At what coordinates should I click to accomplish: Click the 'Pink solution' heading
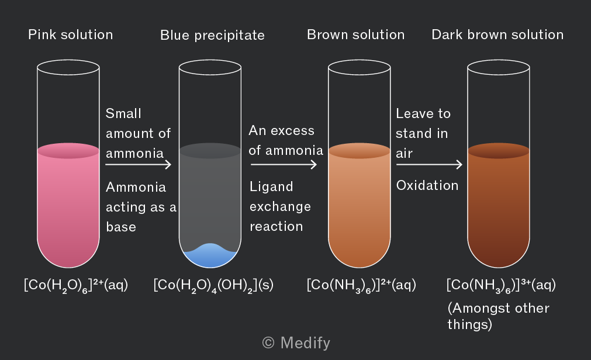click(71, 34)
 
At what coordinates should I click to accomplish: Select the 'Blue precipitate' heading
click(213, 36)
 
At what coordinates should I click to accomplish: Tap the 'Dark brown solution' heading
click(497, 34)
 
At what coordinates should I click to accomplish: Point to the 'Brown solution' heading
click(356, 34)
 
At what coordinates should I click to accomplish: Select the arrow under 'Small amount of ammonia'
click(139, 164)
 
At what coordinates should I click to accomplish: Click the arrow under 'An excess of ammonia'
click(284, 164)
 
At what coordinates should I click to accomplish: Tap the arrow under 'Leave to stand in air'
click(429, 164)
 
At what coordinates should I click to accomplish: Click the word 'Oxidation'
click(427, 185)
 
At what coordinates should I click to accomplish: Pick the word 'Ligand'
click(271, 187)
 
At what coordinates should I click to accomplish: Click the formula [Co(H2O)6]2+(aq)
click(76, 286)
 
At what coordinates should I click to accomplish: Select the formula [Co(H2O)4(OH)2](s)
click(213, 286)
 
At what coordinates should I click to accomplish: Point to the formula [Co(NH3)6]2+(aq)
click(361, 286)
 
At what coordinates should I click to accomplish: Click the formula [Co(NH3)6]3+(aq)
click(501, 286)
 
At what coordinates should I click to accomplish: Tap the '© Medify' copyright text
click(296, 343)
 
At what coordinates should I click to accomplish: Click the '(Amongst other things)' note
click(498, 316)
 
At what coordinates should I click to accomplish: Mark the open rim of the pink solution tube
click(68, 60)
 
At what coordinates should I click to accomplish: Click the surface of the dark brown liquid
click(499, 150)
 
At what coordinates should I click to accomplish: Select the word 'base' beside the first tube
click(121, 227)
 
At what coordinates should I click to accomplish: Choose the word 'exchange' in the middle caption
click(281, 207)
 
